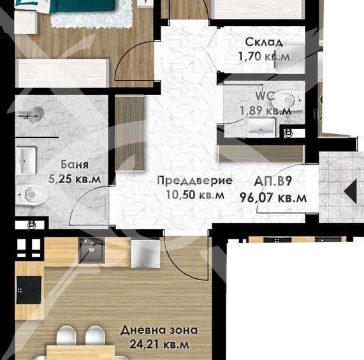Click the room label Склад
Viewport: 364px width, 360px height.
(264, 43)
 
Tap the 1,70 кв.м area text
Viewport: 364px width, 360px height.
(264, 56)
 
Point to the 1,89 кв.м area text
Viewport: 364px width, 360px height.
(265, 110)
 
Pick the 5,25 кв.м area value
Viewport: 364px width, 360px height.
(74, 179)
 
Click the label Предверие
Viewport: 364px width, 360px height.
(194, 181)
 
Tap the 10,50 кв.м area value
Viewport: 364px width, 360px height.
(194, 195)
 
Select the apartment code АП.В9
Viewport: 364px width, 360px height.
(273, 181)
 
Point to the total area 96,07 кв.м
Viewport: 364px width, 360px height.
(273, 197)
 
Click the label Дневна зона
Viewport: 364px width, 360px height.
(159, 331)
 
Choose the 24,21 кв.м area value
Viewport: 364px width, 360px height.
(159, 345)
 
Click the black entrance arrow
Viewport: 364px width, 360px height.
(349, 191)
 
